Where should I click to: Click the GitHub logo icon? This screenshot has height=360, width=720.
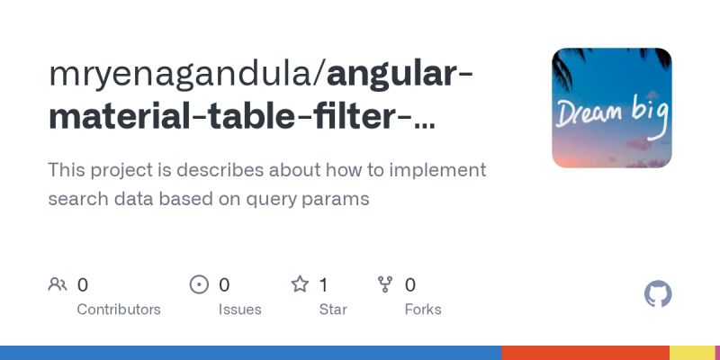coord(658,294)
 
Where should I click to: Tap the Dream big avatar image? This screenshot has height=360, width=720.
coord(611,108)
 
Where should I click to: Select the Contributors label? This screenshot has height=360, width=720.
coord(119,309)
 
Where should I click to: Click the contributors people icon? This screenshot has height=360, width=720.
coord(58,285)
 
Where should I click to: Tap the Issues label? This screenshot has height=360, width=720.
coord(239,309)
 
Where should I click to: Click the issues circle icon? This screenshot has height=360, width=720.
coord(199,285)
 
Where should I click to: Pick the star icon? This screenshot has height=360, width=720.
coord(300,285)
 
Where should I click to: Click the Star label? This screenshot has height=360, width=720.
coord(334,309)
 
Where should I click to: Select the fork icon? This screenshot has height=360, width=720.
coord(385,285)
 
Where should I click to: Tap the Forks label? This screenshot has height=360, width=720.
coord(423,309)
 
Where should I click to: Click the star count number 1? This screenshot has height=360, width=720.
coord(323,285)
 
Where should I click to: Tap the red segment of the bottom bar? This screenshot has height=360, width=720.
coord(585,353)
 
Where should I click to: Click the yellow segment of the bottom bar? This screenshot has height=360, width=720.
coord(691,353)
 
